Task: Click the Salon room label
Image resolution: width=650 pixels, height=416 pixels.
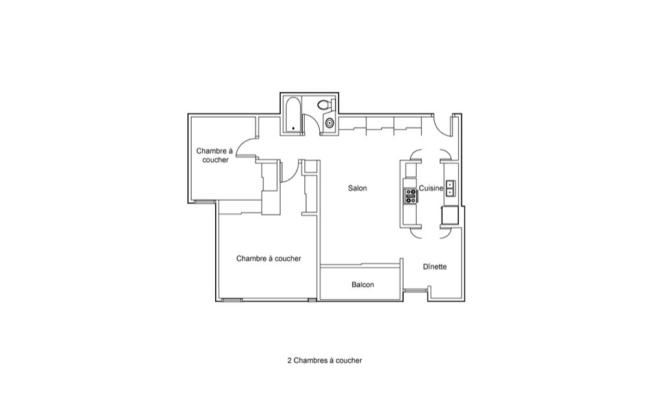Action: (x=357, y=188)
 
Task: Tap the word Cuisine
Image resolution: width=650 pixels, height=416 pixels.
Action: (x=431, y=188)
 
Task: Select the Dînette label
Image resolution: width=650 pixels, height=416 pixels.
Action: (x=435, y=267)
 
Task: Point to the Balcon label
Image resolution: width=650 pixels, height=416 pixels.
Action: (x=363, y=285)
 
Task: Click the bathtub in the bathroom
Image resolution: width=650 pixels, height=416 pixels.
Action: (x=293, y=115)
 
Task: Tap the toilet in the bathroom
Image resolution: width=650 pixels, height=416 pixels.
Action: (x=326, y=105)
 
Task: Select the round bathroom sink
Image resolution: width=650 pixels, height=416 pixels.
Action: (x=330, y=123)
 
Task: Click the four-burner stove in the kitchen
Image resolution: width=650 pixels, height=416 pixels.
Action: (x=410, y=196)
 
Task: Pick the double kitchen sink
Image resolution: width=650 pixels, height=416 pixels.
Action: (x=450, y=188)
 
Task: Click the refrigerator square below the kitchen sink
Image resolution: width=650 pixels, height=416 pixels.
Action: (x=450, y=215)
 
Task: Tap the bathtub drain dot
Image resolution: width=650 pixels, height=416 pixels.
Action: (x=294, y=129)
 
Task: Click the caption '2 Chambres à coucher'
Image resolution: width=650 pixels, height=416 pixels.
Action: (x=324, y=361)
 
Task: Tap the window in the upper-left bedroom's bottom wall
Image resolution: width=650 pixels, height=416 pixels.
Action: (x=205, y=202)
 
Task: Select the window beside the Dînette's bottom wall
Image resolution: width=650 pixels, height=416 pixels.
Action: (x=415, y=290)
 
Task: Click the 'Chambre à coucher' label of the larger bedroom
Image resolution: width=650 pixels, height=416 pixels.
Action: (x=268, y=259)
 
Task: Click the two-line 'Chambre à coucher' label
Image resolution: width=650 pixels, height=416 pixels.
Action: (x=214, y=155)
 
